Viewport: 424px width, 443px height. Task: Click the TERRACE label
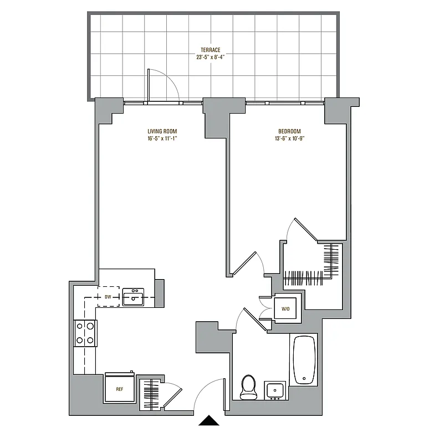pyautogui.click(x=211, y=50)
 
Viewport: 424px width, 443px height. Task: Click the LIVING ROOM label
pyautogui.click(x=162, y=131)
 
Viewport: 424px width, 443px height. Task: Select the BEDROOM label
pyautogui.click(x=289, y=131)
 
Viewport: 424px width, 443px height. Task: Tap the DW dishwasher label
pyautogui.click(x=108, y=297)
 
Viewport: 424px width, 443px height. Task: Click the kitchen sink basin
pyautogui.click(x=133, y=297)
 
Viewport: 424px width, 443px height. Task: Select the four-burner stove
pyautogui.click(x=86, y=333)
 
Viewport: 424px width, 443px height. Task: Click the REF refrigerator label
pyautogui.click(x=120, y=389)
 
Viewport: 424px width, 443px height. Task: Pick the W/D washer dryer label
pyautogui.click(x=286, y=309)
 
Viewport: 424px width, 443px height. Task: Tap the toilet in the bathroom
pyautogui.click(x=248, y=387)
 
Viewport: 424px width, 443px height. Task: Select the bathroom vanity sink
pyautogui.click(x=274, y=390)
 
